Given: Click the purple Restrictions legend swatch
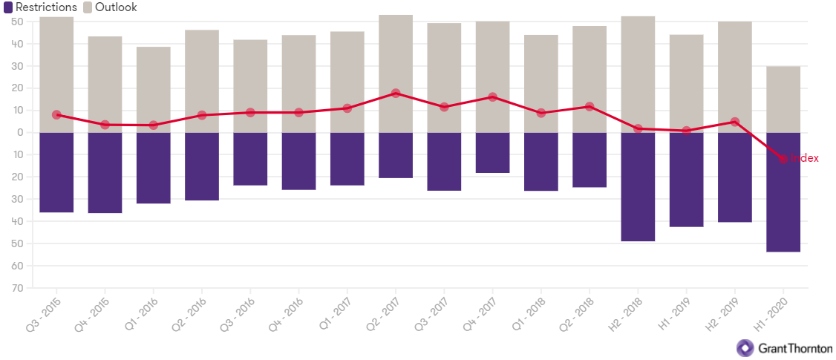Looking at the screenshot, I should coord(8,7).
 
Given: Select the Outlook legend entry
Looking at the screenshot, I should coord(109,7).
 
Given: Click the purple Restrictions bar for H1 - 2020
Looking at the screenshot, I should coord(783,192).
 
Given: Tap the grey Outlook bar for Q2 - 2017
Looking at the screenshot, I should coord(396,52).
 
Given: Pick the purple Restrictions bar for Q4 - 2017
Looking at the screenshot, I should coord(492,153).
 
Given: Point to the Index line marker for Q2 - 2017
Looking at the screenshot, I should coord(396,94).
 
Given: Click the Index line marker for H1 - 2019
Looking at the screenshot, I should coord(686,131).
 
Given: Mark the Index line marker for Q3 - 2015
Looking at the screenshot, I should coord(56,115).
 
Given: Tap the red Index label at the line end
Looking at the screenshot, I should coord(804,158).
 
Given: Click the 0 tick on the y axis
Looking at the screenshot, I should coord(20,133).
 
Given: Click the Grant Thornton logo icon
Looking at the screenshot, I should coord(745,347).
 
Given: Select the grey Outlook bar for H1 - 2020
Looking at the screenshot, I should coord(783,99).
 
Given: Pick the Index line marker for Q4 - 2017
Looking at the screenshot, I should coord(492,97).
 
